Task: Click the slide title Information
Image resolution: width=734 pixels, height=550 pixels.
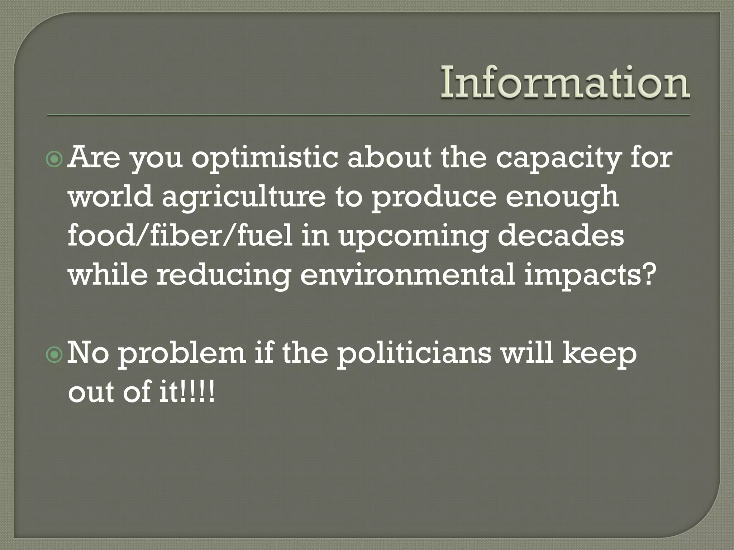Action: [x=565, y=83]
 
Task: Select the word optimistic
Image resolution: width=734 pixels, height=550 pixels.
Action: [x=264, y=158]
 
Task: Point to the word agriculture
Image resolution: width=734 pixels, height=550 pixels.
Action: [x=243, y=198]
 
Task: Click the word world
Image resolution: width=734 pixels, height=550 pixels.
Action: [x=110, y=197]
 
